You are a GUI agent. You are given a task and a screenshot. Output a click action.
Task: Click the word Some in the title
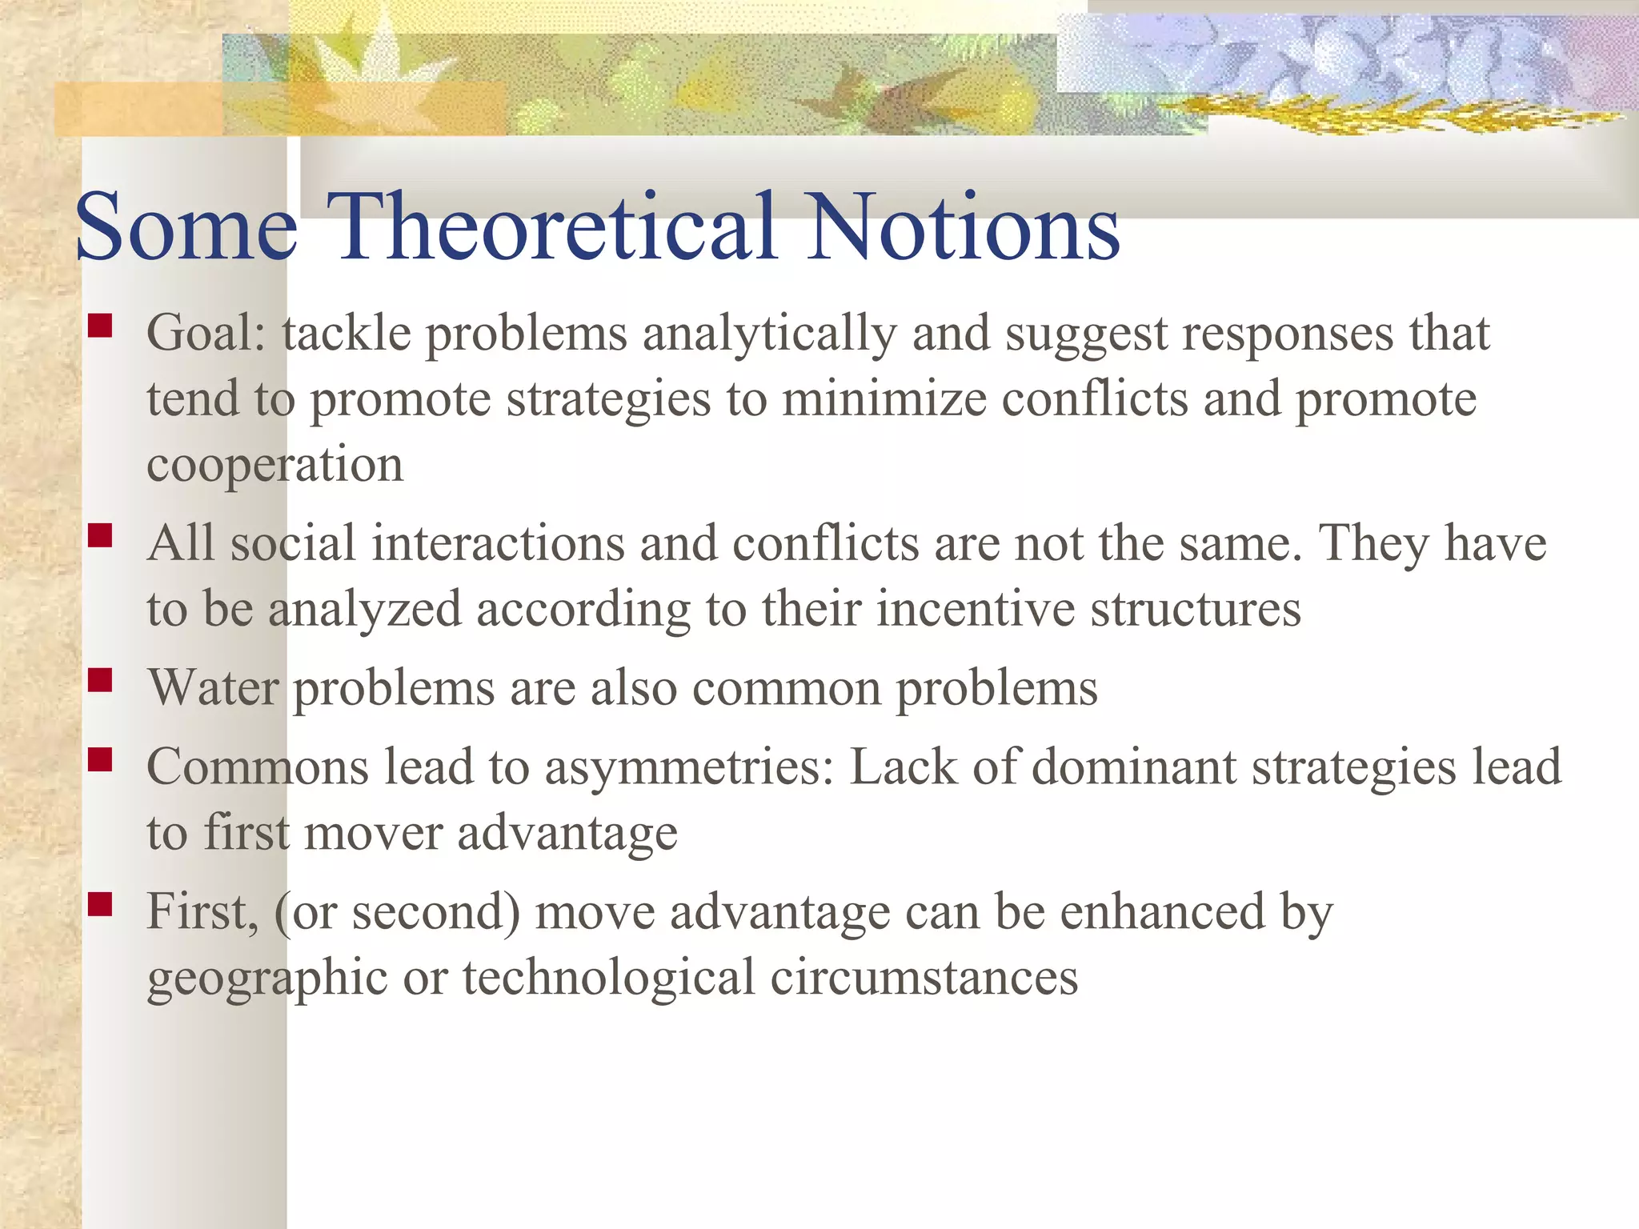pyautogui.click(x=186, y=228)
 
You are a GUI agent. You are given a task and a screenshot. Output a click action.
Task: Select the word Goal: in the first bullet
pyautogui.click(x=206, y=333)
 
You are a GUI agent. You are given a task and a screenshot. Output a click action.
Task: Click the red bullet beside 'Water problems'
pyautogui.click(x=100, y=679)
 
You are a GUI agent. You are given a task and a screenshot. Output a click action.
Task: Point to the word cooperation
pyautogui.click(x=275, y=464)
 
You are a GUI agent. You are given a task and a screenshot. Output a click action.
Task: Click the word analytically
pyautogui.click(x=769, y=334)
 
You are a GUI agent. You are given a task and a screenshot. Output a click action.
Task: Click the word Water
pyautogui.click(x=213, y=687)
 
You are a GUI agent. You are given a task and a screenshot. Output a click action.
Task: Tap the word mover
pyautogui.click(x=373, y=832)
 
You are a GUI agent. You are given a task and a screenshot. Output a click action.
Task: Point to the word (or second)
pyautogui.click(x=396, y=912)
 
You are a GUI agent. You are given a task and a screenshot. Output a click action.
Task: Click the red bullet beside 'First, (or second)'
pyautogui.click(x=100, y=903)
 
